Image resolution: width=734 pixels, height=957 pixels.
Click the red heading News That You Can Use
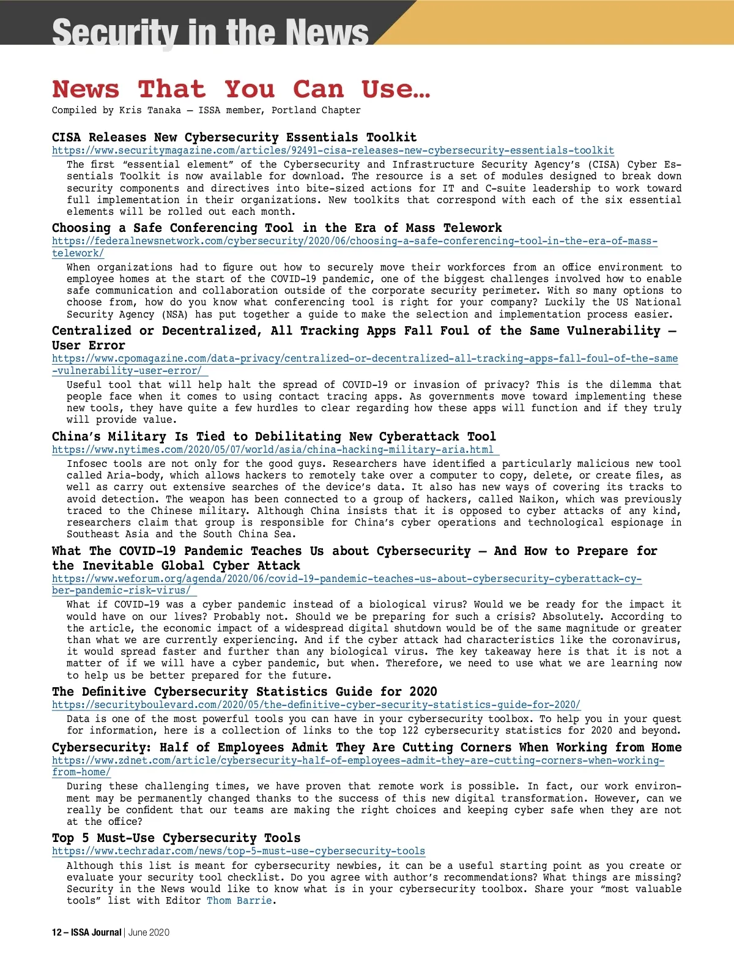coord(241,89)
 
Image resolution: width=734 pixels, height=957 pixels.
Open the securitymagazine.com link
coord(333,151)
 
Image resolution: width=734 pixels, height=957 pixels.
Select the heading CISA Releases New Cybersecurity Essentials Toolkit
coord(234,137)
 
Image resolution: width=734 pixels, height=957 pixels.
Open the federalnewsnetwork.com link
coord(354,241)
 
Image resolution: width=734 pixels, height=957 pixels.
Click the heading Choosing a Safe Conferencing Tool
coord(276,228)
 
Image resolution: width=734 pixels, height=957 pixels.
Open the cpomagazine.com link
coord(365,359)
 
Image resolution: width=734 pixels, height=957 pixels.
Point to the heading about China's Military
coord(273,436)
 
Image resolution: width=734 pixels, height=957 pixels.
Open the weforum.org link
coord(346,579)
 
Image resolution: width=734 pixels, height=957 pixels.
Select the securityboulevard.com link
coord(316,705)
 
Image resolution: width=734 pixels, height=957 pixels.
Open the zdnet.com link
coord(358,761)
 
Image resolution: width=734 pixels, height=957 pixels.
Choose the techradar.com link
coord(239,851)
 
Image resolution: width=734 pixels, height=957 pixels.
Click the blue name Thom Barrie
coord(239,901)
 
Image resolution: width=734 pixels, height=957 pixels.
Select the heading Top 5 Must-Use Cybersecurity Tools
coord(176,838)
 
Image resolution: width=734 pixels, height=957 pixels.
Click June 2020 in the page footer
coord(149,933)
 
